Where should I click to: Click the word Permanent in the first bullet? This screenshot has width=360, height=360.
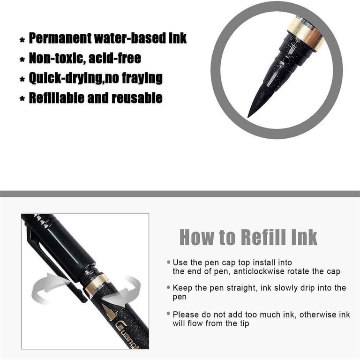click(60, 38)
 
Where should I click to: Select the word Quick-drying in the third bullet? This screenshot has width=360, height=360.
click(66, 78)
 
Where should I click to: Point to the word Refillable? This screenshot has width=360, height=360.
click(57, 98)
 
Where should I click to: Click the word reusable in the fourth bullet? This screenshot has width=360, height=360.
click(137, 98)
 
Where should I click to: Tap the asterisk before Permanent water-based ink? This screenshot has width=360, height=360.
click(22, 40)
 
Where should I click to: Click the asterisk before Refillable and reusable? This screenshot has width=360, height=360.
click(22, 99)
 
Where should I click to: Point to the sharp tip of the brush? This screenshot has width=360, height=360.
click(247, 117)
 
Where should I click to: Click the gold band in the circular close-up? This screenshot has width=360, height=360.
click(305, 34)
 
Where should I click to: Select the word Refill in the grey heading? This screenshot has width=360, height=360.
click(264, 237)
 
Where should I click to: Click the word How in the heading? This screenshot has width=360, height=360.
click(197, 237)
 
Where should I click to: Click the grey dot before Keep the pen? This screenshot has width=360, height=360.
click(169, 287)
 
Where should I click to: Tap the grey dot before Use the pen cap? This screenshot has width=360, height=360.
click(169, 262)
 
